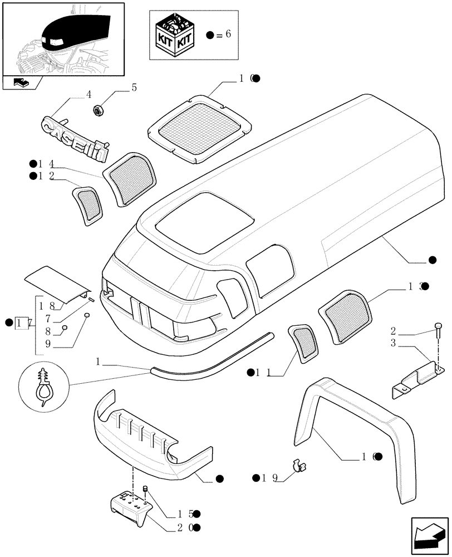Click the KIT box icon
click(x=176, y=34)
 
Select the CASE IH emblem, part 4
click(x=75, y=138)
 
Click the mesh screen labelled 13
click(x=346, y=314)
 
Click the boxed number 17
click(x=22, y=322)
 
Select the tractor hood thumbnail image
click(x=63, y=40)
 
